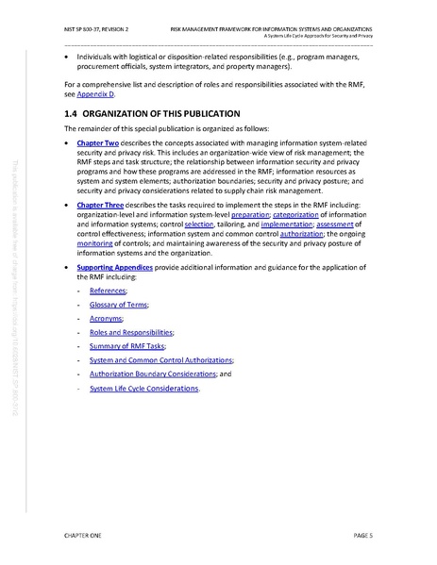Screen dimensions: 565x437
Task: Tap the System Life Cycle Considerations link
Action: coord(143,388)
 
